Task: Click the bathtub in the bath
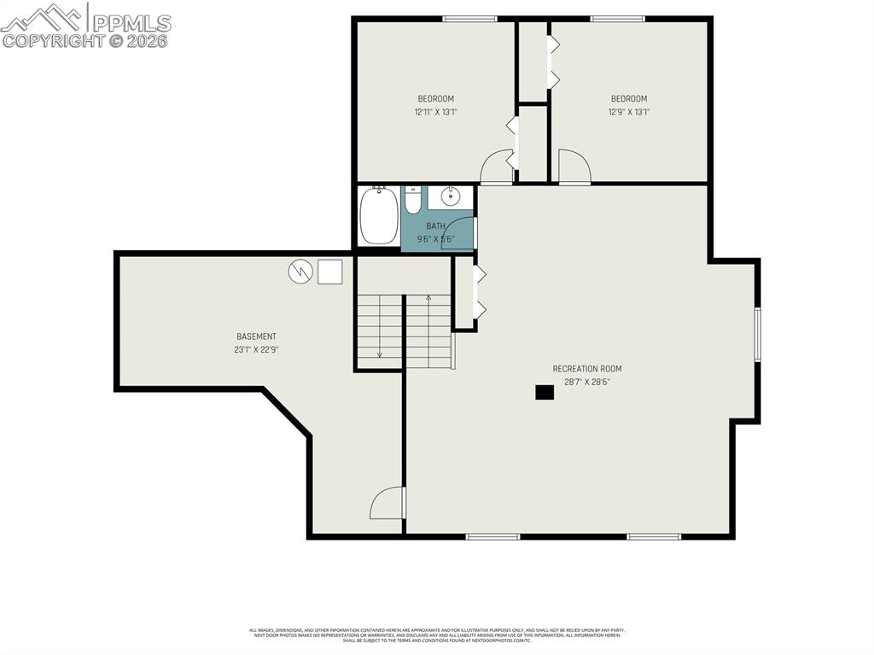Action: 378,216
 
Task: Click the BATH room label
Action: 435,225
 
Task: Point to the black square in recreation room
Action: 545,392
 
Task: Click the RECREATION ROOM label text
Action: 587,369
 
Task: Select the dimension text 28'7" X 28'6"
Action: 587,382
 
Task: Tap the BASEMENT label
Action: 256,336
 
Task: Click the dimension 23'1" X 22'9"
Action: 256,349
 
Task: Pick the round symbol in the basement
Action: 300,272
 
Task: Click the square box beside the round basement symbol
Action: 329,272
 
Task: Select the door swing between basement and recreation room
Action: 388,504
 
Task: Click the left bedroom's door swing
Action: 497,167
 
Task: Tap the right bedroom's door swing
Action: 574,167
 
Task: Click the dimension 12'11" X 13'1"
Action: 435,111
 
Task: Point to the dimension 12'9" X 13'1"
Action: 629,111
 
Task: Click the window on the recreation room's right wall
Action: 757,335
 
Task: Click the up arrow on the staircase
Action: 428,298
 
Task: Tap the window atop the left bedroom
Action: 469,18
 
